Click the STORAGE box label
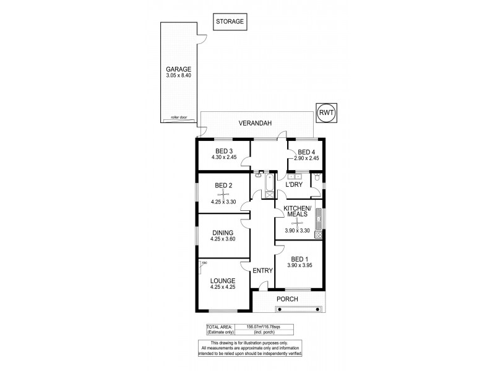[x=230, y=22]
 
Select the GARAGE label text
[x=178, y=69]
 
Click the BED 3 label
[x=224, y=151]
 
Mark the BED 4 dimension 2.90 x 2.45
[x=307, y=159]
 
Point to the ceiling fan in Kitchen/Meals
[x=296, y=223]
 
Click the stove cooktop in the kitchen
[x=319, y=234]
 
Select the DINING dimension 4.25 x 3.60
[x=223, y=240]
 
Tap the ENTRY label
[x=262, y=270]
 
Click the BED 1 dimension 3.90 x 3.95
[x=301, y=265]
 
